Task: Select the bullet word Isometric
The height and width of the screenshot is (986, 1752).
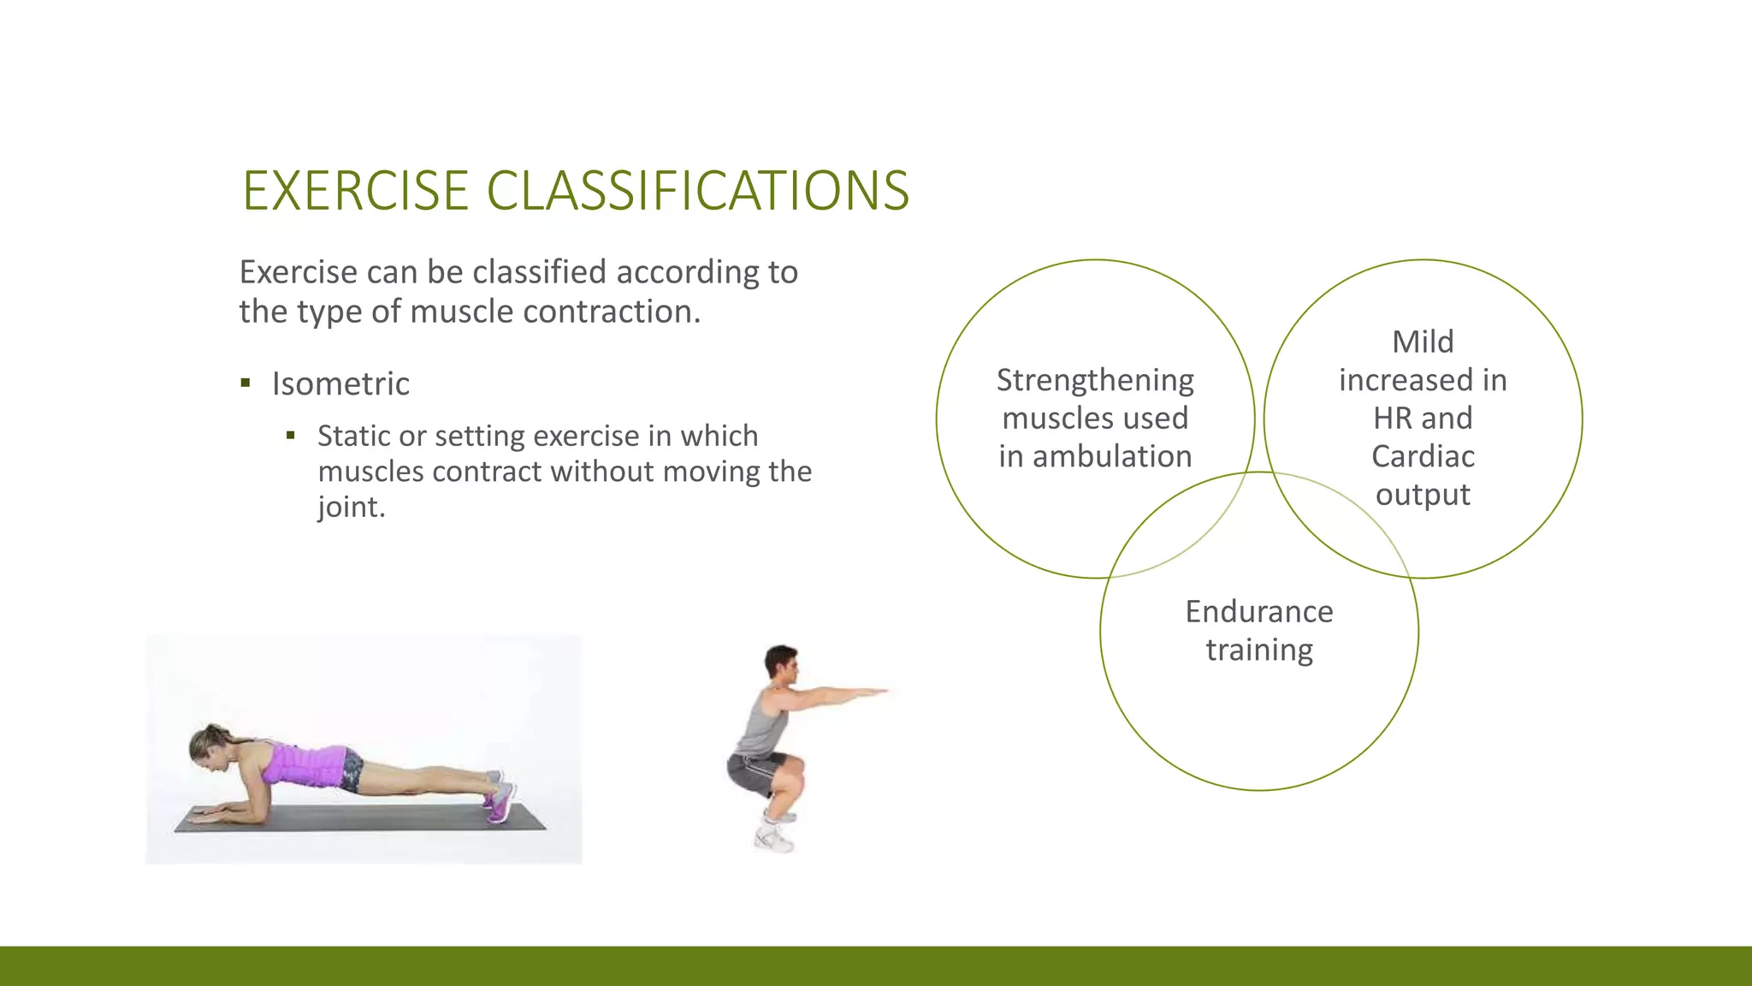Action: pyautogui.click(x=340, y=384)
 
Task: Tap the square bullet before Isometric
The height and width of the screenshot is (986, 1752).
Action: pyautogui.click(x=246, y=383)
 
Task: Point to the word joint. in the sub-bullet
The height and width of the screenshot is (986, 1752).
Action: pyautogui.click(x=351, y=508)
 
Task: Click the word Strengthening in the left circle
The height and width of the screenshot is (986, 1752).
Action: pyautogui.click(x=1095, y=380)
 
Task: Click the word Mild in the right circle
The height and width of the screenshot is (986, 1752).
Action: pyautogui.click(x=1423, y=342)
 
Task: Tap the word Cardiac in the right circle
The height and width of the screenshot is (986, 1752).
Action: pyautogui.click(x=1423, y=457)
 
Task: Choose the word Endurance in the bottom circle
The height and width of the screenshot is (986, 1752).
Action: pyautogui.click(x=1258, y=612)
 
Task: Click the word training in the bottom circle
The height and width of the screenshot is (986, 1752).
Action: pyautogui.click(x=1258, y=650)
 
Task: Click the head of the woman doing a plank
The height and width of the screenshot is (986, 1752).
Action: pyautogui.click(x=208, y=747)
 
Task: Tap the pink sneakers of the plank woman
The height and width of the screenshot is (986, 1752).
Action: pyautogui.click(x=500, y=800)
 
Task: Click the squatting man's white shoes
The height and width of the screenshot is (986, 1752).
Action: pyautogui.click(x=774, y=839)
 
